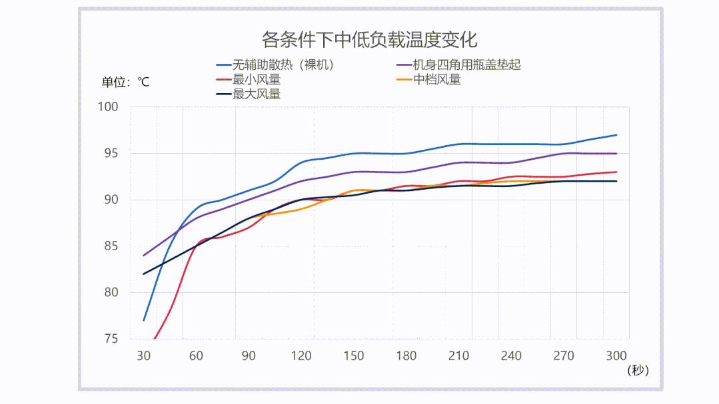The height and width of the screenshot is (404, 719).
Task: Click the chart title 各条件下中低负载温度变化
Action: tap(369, 39)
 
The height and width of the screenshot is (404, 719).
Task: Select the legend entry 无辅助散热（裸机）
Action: tap(283, 65)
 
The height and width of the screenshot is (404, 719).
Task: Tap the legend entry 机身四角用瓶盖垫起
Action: tap(466, 65)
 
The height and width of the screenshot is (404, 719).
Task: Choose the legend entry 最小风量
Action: tap(256, 80)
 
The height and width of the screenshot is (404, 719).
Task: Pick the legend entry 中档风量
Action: tap(436, 80)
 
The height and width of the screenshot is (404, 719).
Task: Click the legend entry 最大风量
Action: tap(256, 95)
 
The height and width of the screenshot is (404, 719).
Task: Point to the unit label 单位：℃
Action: tap(125, 83)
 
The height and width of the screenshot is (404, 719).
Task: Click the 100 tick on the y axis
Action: tap(107, 107)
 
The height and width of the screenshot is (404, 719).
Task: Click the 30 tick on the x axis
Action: tap(143, 356)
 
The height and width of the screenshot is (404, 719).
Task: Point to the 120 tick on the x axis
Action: tap(301, 356)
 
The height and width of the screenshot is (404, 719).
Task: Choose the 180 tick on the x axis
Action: tap(406, 356)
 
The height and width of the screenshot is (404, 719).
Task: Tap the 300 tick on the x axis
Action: tap(616, 356)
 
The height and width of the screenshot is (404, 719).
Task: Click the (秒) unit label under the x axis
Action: tap(638, 371)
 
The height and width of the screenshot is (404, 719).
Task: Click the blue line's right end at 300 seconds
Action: tap(616, 135)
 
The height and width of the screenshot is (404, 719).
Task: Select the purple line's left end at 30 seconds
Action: tap(143, 256)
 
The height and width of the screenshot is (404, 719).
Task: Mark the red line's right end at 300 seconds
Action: tap(616, 172)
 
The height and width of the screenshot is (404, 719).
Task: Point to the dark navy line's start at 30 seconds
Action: tap(143, 274)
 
